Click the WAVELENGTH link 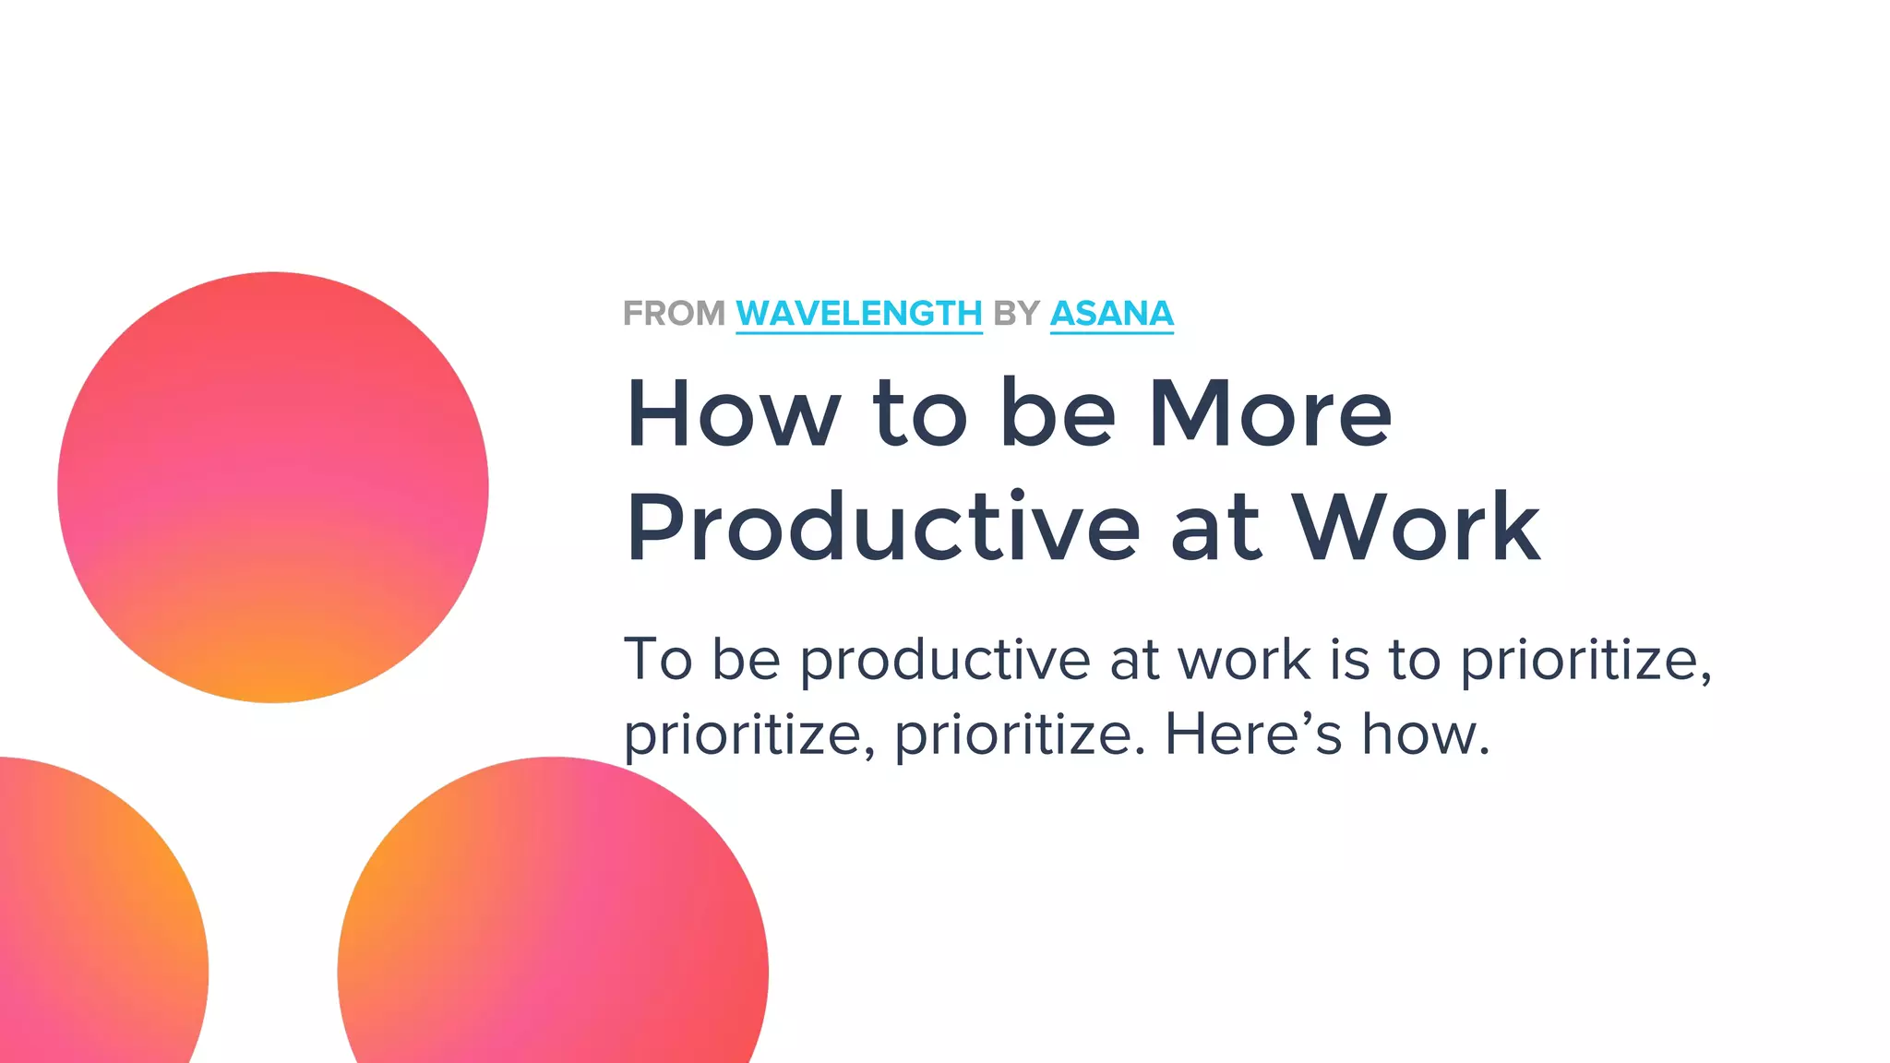click(858, 314)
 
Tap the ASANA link click(1111, 314)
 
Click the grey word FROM click(674, 314)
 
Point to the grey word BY click(1016, 314)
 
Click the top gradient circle click(273, 487)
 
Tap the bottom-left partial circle click(92, 923)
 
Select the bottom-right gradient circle click(553, 932)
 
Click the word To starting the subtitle click(657, 660)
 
